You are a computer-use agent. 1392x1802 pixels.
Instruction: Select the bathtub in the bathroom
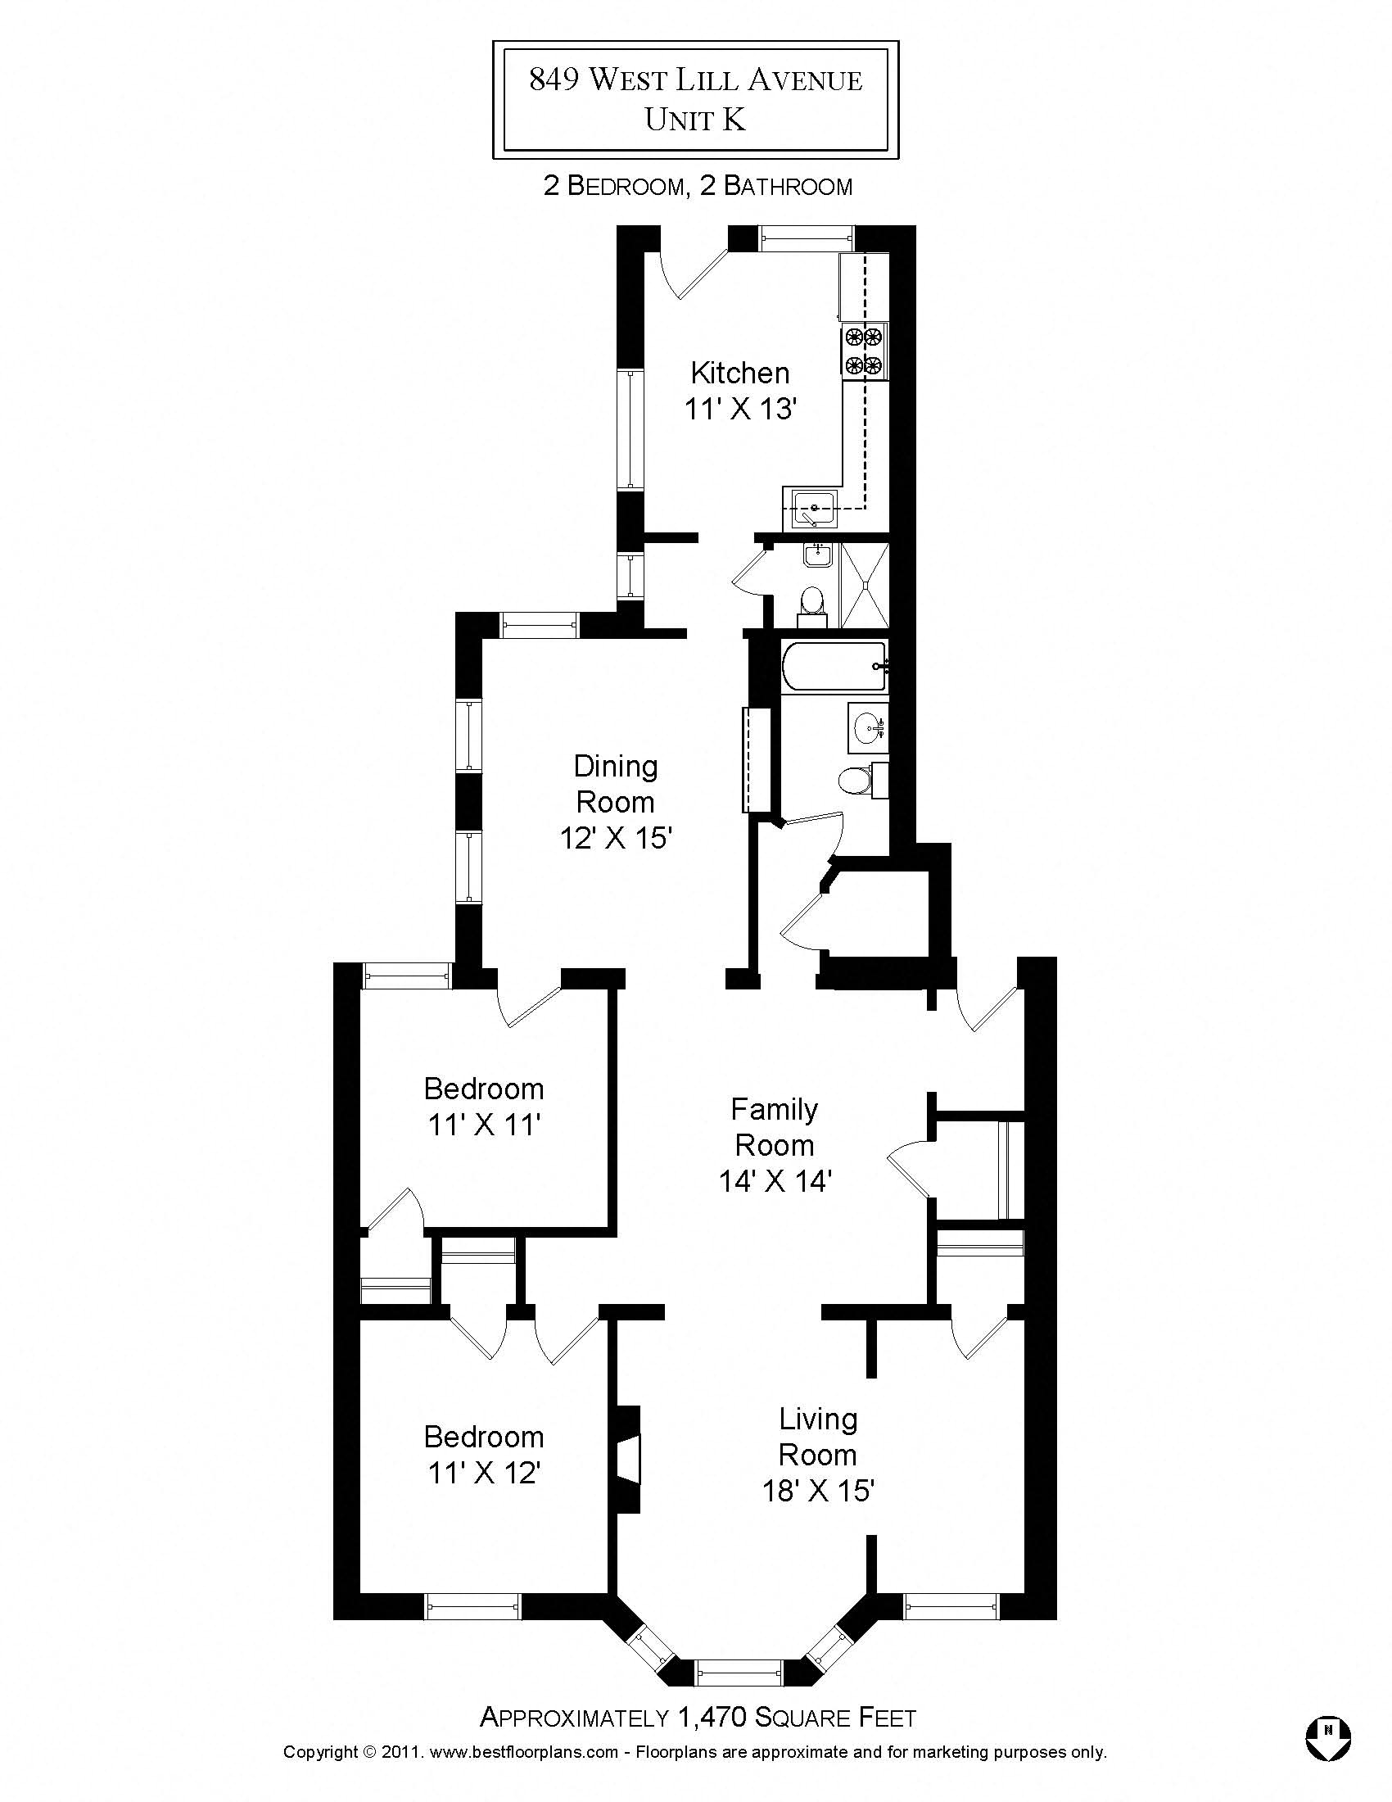click(x=834, y=667)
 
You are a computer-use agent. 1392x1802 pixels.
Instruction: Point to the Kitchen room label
click(x=739, y=373)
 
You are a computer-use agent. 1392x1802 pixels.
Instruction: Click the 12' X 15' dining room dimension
click(x=616, y=838)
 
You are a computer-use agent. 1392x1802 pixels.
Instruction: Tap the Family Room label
click(x=775, y=1127)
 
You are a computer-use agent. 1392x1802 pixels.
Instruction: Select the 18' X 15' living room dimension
click(x=817, y=1491)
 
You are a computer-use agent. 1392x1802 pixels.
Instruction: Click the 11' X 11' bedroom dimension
click(x=483, y=1125)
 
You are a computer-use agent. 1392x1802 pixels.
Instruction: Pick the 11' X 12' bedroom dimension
click(x=483, y=1473)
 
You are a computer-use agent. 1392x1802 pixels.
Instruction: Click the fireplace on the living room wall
click(x=628, y=1459)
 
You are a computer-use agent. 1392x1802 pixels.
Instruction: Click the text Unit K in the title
click(x=695, y=120)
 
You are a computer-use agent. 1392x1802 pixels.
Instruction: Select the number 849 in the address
click(x=553, y=79)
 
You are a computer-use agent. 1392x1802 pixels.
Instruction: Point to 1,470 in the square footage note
click(x=712, y=1718)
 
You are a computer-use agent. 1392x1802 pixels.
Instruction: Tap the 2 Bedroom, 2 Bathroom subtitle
click(x=697, y=187)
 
